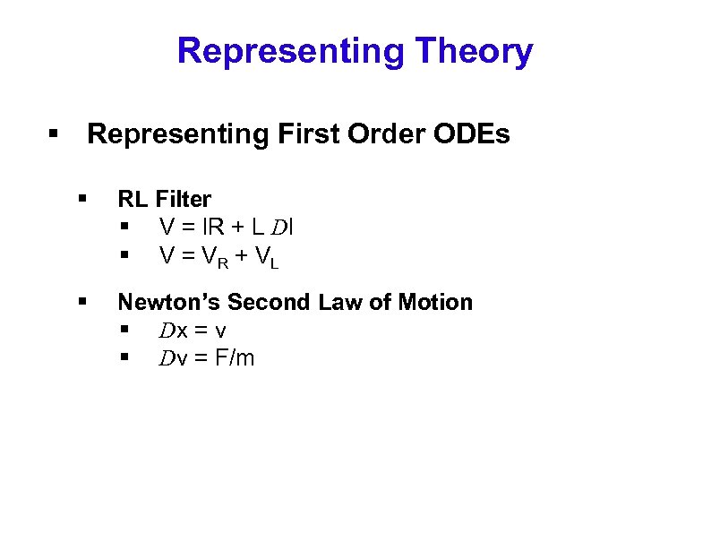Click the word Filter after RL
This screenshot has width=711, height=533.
point(184,199)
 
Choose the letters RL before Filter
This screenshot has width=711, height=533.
point(133,199)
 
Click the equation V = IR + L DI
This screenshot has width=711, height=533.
point(227,228)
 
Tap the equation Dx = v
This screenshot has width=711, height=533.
point(193,331)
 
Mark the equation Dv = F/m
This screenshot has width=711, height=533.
point(207,358)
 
